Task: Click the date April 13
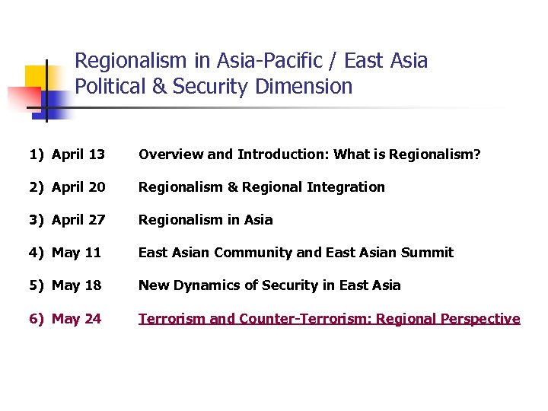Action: pos(78,155)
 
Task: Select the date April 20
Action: pos(78,187)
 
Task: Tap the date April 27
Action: pos(78,220)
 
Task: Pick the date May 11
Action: pos(76,253)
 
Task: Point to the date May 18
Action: pos(76,285)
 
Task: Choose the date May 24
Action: pos(76,319)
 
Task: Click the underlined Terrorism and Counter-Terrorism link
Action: pos(329,319)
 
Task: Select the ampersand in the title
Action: pos(160,87)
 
